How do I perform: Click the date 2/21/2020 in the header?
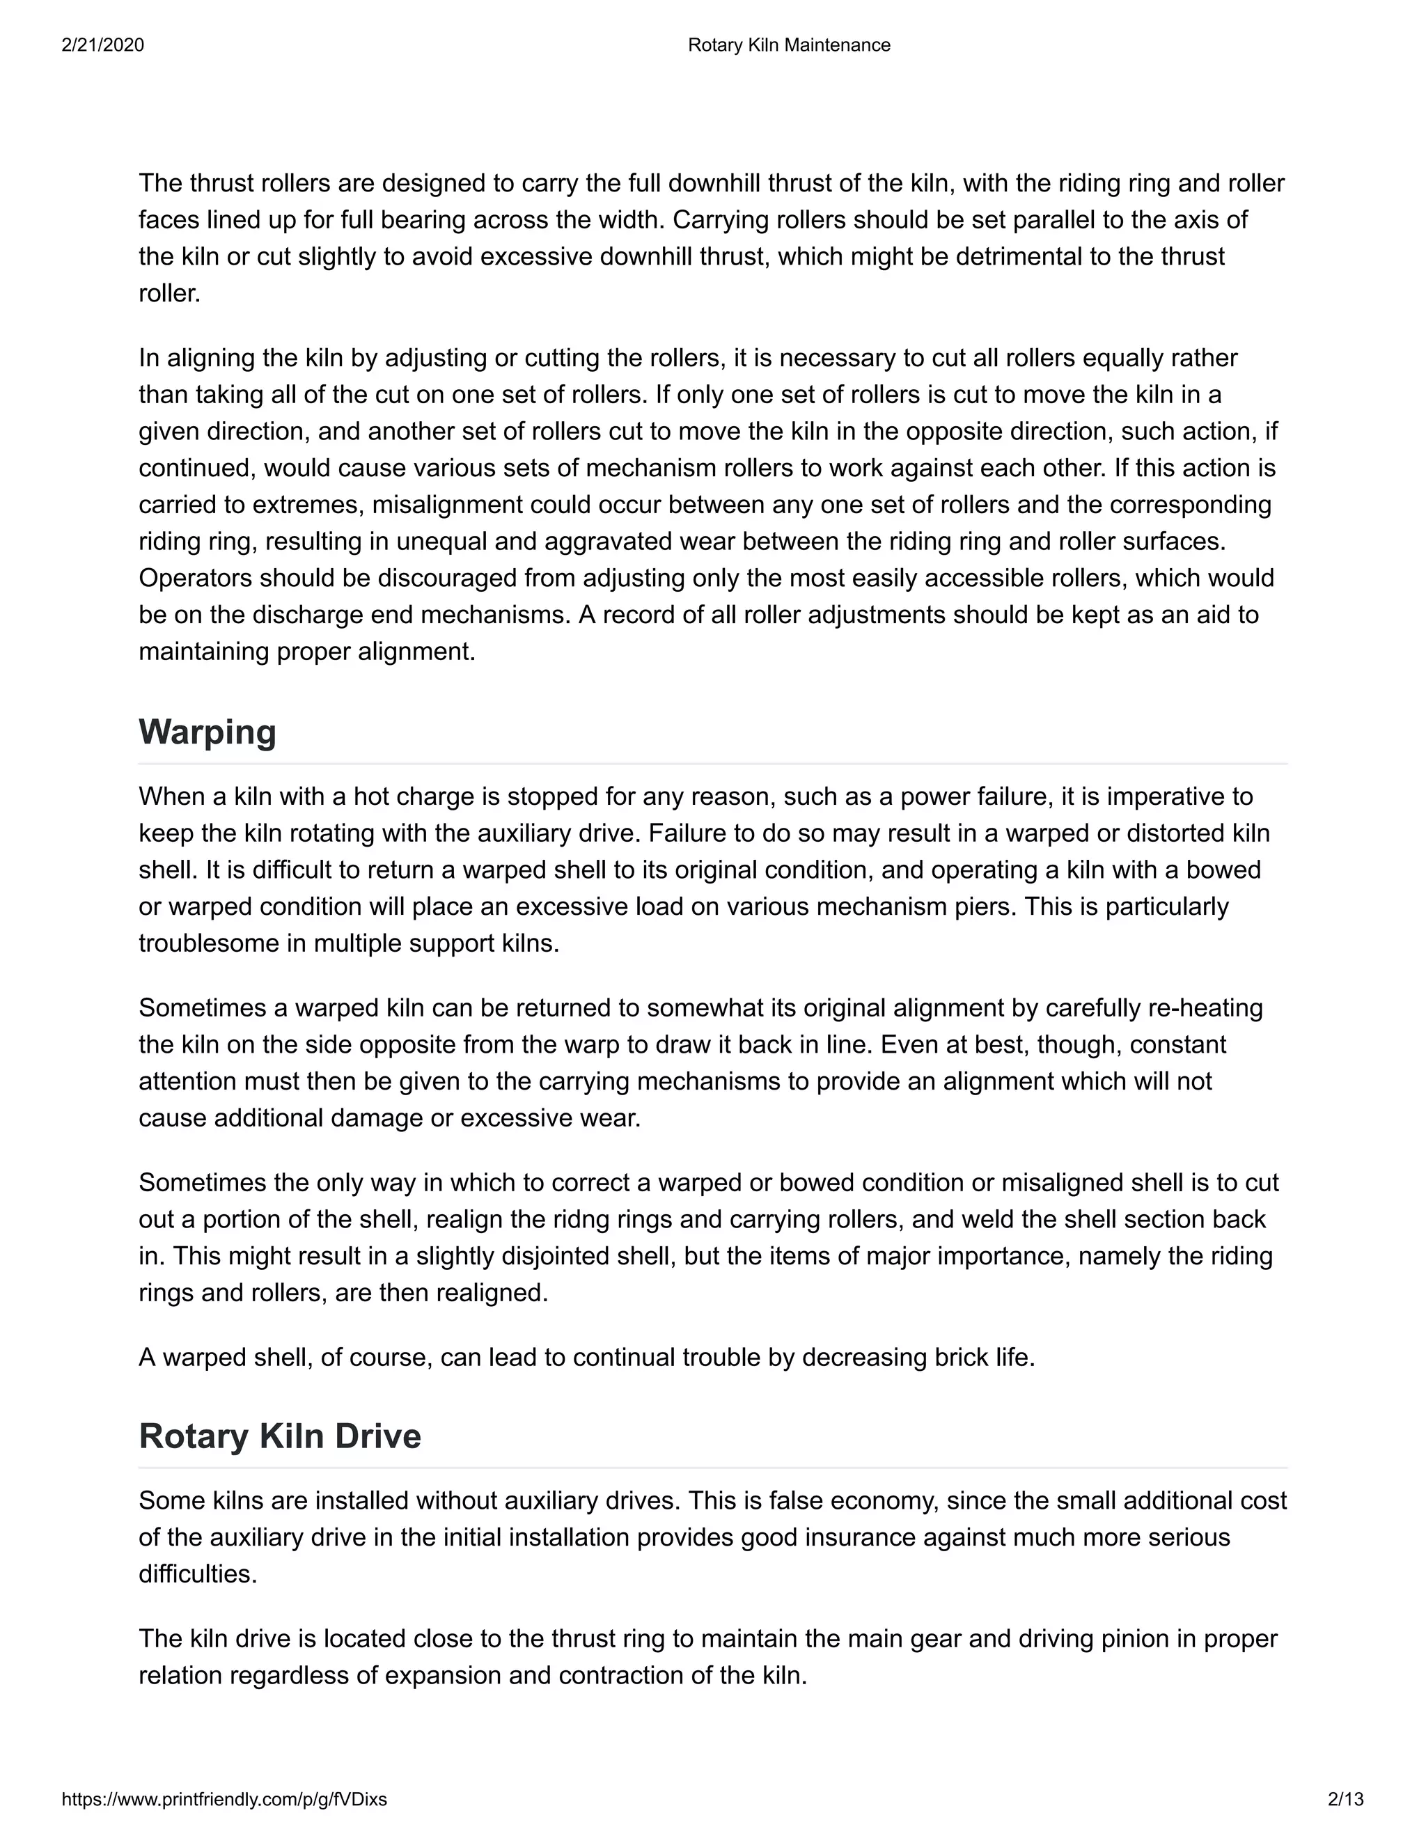coord(102,45)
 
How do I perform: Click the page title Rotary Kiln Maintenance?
coord(788,45)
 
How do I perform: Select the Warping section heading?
coord(207,731)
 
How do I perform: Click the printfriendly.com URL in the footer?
coord(224,1798)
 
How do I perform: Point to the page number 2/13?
coord(1345,1798)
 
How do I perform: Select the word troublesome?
coord(209,943)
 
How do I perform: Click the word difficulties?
coord(198,1574)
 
